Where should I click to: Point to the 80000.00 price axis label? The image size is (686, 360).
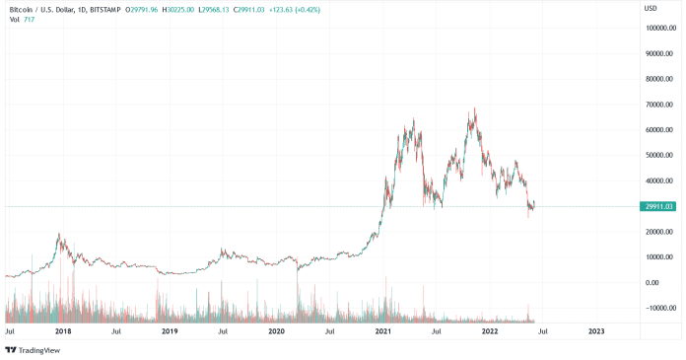pos(659,79)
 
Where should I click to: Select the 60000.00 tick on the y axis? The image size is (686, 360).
pos(659,130)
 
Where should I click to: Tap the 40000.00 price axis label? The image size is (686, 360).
pos(659,181)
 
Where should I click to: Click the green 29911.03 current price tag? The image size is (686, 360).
pos(658,206)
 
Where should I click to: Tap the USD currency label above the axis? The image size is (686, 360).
pos(651,9)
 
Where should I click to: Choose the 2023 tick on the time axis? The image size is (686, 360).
pos(596,332)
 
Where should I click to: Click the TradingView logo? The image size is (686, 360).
pos(30,349)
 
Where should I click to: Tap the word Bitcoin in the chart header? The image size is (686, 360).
pos(21,9)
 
